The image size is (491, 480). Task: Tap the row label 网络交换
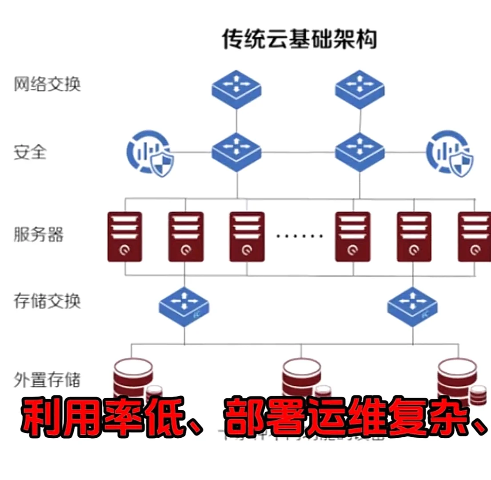pyautogui.click(x=47, y=84)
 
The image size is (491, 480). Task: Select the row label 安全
pyautogui.click(x=30, y=152)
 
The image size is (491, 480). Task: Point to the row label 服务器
pyautogui.click(x=38, y=235)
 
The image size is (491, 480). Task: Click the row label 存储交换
pyautogui.click(x=47, y=301)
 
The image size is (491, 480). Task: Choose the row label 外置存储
pyautogui.click(x=47, y=380)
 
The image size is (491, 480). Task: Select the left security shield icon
pyautogui.click(x=150, y=153)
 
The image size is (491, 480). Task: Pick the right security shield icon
pyautogui.click(x=449, y=153)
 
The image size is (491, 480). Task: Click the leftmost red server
pyautogui.click(x=125, y=236)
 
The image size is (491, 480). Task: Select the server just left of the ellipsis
pyautogui.click(x=247, y=236)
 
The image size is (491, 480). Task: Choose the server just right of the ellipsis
pyautogui.click(x=353, y=236)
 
